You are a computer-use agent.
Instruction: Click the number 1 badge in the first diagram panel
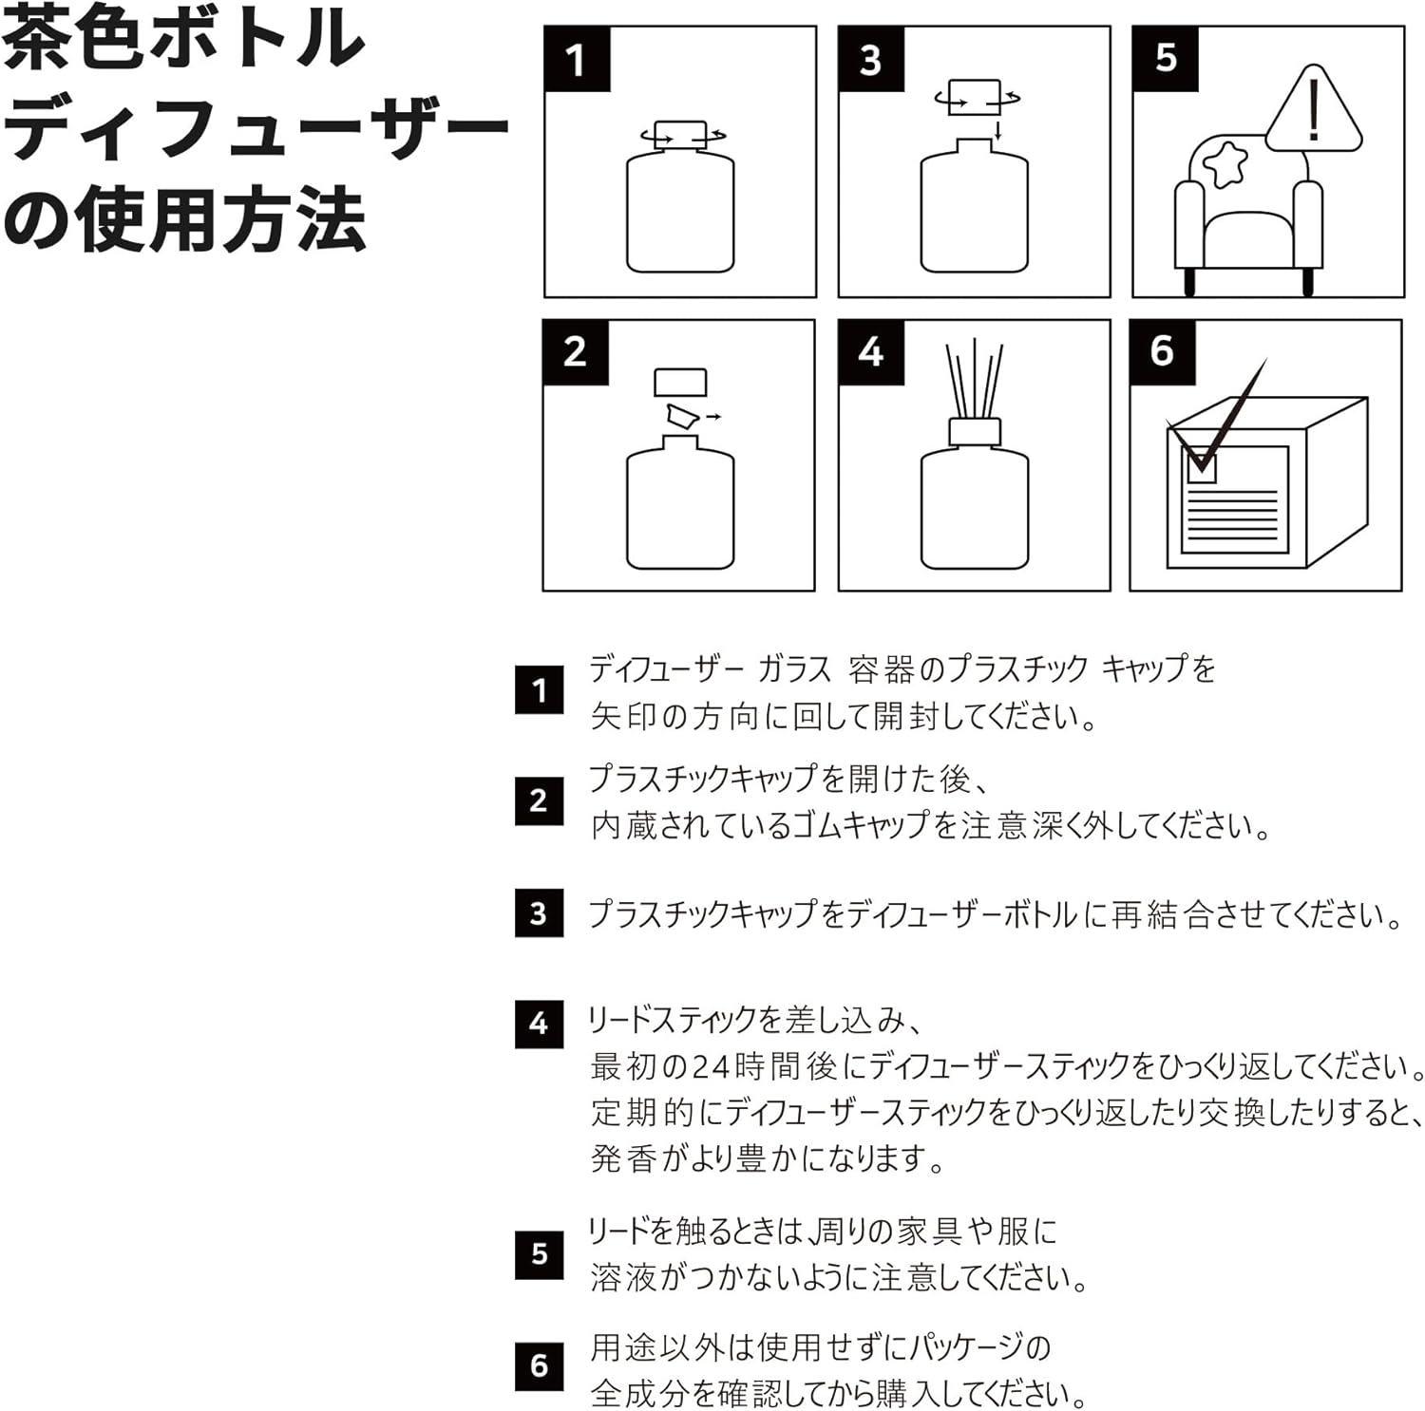click(578, 59)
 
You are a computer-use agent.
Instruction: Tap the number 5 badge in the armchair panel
click(1166, 59)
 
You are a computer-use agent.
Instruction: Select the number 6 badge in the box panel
click(1162, 351)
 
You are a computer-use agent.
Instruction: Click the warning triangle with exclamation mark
click(1314, 111)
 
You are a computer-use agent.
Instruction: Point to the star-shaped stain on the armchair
click(1225, 164)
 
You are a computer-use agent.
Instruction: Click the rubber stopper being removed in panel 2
click(682, 415)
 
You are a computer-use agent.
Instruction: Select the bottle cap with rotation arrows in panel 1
click(680, 135)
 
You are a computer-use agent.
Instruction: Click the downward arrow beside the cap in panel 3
click(998, 131)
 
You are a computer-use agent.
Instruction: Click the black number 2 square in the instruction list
click(539, 800)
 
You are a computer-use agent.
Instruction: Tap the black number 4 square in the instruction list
click(539, 1024)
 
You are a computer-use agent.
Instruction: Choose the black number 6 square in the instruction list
click(539, 1366)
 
